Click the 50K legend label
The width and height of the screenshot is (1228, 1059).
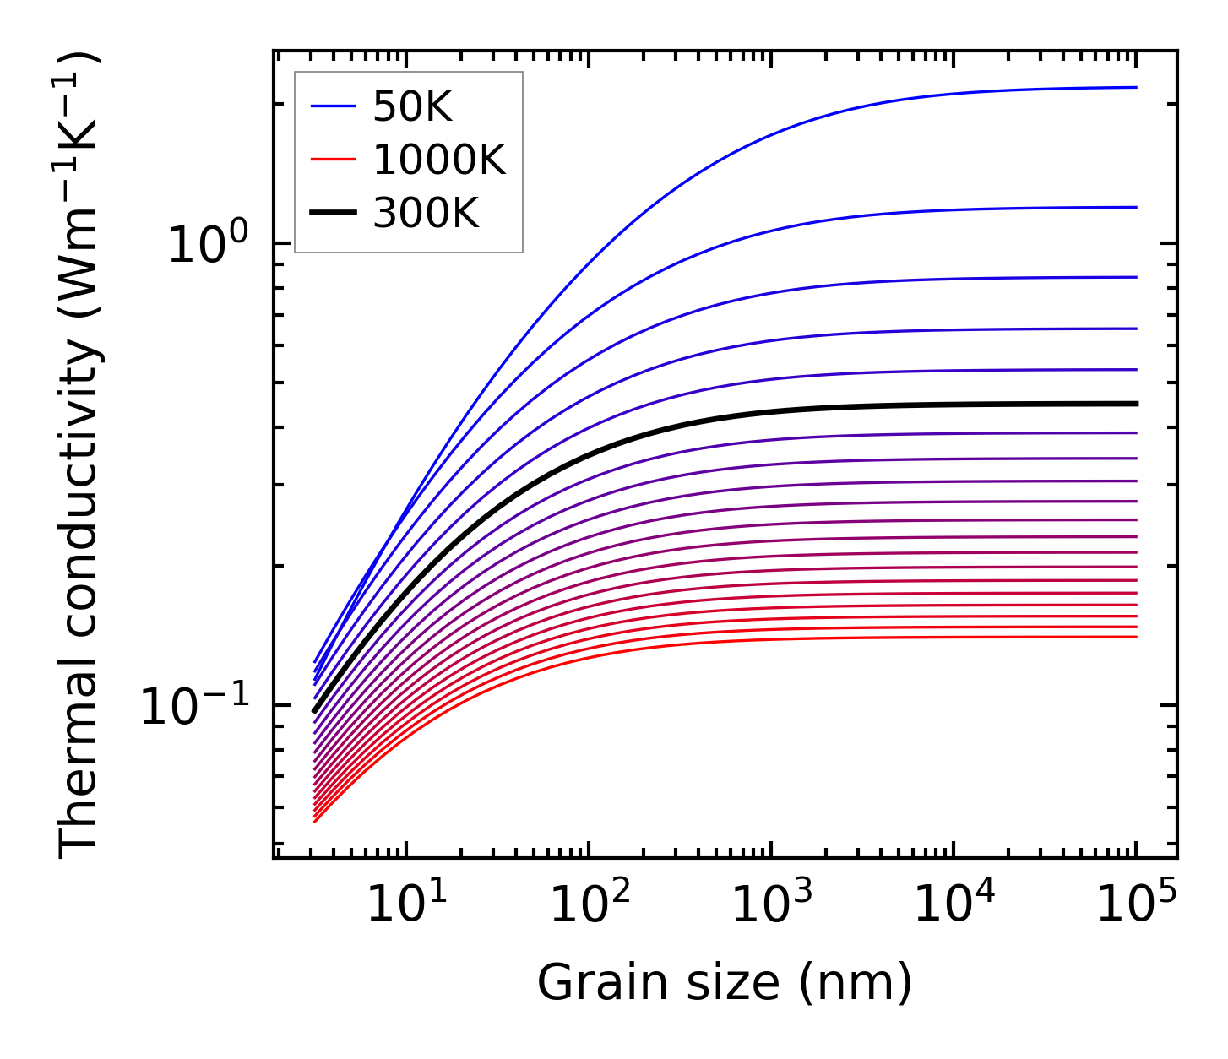(x=412, y=107)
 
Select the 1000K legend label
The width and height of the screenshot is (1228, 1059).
(x=438, y=160)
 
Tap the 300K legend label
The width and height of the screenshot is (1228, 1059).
(x=426, y=215)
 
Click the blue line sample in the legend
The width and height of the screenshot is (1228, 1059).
(x=334, y=107)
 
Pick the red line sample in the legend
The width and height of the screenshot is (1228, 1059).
(x=334, y=160)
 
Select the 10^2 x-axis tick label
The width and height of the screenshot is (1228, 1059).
(x=589, y=905)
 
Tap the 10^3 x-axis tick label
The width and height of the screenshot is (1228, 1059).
(x=771, y=905)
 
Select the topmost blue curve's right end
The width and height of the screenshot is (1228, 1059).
(x=1135, y=87)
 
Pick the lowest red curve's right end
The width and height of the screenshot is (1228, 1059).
(x=1135, y=637)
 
